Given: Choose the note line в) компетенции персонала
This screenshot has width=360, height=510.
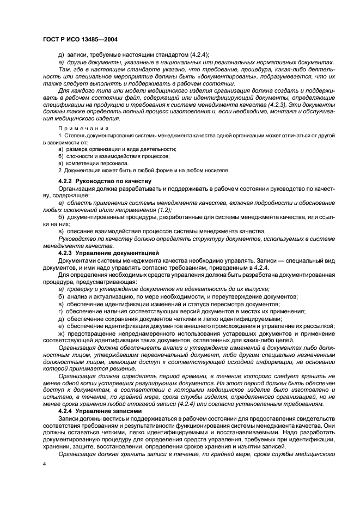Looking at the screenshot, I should tap(94, 163).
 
